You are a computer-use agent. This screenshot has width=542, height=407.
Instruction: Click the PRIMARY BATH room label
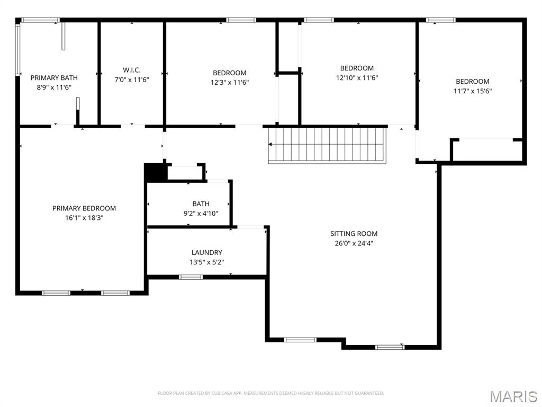point(51,78)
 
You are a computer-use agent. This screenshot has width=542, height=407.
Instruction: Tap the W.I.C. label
point(132,70)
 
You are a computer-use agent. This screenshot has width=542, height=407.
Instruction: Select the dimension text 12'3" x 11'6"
point(230,83)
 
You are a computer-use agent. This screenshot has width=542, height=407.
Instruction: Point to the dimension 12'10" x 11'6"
point(357,78)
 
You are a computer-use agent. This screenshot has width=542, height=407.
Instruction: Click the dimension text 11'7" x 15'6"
point(472,91)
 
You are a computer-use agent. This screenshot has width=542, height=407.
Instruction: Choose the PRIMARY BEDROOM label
point(84,208)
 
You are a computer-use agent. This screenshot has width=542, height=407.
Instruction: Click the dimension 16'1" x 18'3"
point(84,218)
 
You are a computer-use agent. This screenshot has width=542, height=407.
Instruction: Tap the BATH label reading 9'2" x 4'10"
point(201,204)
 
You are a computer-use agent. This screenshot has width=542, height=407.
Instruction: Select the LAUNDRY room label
point(206,253)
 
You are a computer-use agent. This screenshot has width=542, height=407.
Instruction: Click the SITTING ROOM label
point(354,234)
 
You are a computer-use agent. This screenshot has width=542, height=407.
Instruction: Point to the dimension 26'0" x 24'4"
point(354,244)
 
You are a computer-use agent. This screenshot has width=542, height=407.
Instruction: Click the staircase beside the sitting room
point(327,145)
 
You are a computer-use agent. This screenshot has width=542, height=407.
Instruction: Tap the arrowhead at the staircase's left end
point(270,144)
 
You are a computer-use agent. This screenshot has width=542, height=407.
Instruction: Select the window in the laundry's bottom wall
point(191,277)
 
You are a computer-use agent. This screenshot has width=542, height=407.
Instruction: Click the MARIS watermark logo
point(513,396)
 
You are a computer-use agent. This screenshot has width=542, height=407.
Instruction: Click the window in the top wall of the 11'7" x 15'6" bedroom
point(440,20)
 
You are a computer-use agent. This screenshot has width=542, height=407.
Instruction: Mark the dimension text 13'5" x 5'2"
point(206,262)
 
